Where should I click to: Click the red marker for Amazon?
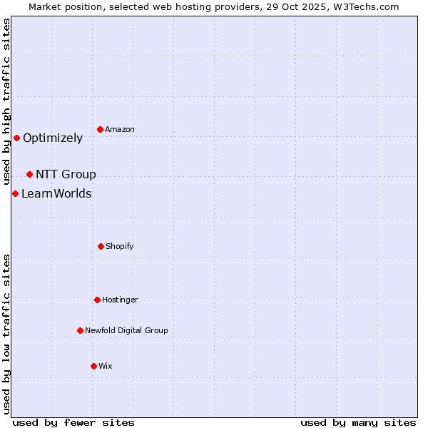[x=101, y=129]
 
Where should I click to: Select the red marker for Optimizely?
[x=17, y=138]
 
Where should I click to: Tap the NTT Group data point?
[x=30, y=174]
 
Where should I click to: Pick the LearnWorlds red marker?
[x=15, y=193]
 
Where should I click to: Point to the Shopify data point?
[x=101, y=246]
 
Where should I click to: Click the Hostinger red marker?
[x=97, y=300]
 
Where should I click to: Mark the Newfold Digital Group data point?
[x=80, y=330]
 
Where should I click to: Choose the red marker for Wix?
[x=93, y=366]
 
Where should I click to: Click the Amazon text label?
[x=120, y=129]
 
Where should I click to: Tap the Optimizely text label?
[x=53, y=138]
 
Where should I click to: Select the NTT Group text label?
[x=66, y=175]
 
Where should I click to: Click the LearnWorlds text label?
[x=56, y=194]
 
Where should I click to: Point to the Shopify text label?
[x=120, y=247]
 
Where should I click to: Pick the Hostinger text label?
[x=120, y=300]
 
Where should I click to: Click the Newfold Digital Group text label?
[x=126, y=331]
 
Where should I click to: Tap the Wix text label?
[x=106, y=367]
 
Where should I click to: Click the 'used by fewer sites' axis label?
[x=73, y=423]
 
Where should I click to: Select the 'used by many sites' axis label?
[x=358, y=423]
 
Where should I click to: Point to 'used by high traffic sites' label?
[x=6, y=101]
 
